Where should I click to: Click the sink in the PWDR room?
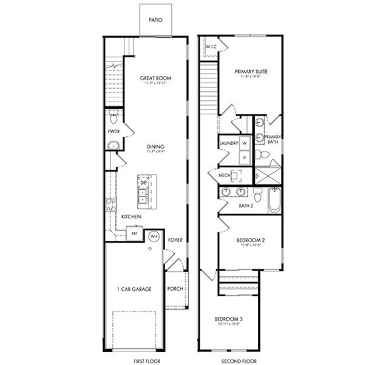113,145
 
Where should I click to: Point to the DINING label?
155,147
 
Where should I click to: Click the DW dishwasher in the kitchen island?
144,182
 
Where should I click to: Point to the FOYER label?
175,240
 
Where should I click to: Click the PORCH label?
175,288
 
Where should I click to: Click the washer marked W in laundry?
245,144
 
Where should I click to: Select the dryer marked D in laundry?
245,157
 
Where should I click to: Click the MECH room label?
223,176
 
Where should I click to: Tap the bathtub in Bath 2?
274,200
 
